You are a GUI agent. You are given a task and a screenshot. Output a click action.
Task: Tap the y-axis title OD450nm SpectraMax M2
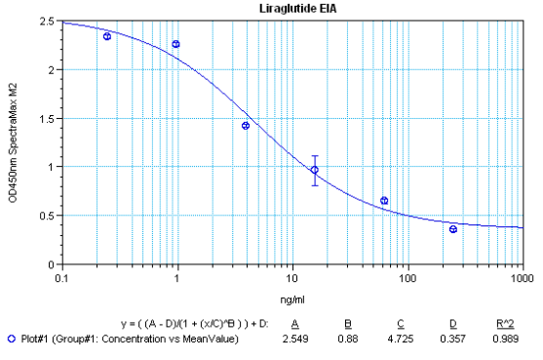pyautogui.click(x=14, y=142)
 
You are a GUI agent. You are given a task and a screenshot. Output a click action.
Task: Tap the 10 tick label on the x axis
pyautogui.click(x=291, y=276)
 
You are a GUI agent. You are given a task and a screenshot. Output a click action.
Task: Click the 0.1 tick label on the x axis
pyautogui.click(x=61, y=276)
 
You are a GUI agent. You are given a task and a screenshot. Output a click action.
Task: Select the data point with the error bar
pyautogui.click(x=315, y=170)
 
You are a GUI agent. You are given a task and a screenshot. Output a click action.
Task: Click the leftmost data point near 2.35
pyautogui.click(x=106, y=36)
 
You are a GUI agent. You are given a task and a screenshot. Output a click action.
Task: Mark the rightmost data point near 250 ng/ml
pyautogui.click(x=453, y=229)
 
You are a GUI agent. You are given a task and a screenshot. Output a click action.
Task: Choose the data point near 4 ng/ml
pyautogui.click(x=246, y=126)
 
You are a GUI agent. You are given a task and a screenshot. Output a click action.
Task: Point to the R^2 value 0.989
pyautogui.click(x=505, y=340)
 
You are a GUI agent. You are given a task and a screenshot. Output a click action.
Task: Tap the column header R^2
pyautogui.click(x=505, y=322)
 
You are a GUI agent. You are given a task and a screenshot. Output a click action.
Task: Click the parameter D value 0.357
pyautogui.click(x=454, y=340)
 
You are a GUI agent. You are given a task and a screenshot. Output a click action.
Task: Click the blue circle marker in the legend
pyautogui.click(x=11, y=340)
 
